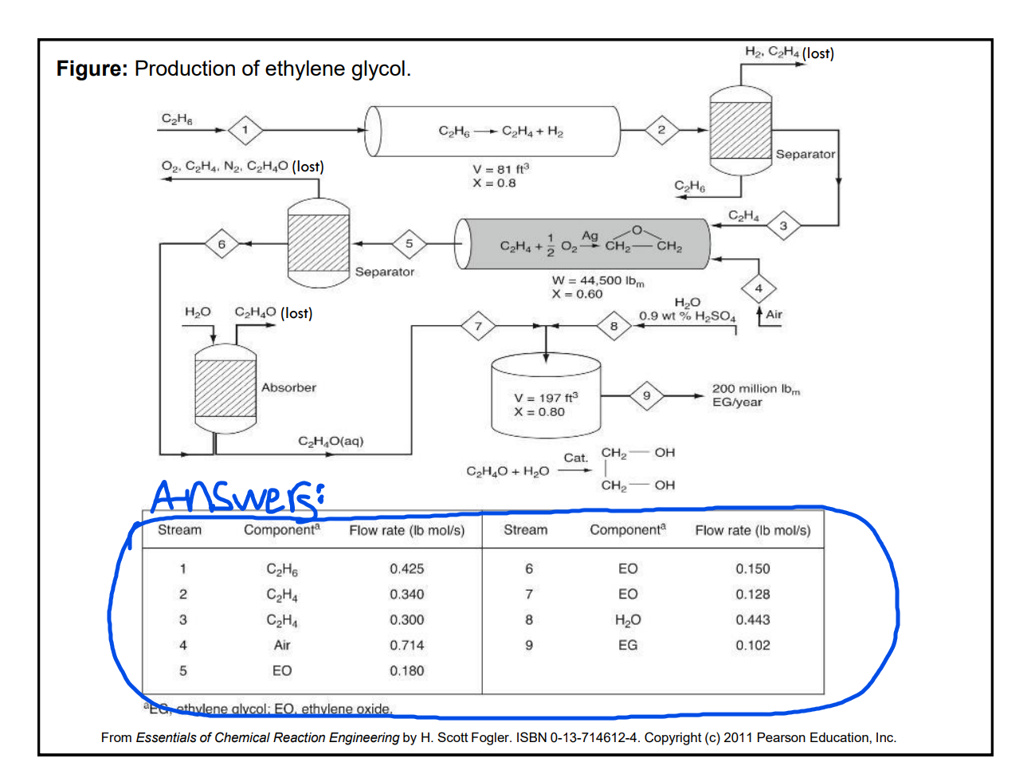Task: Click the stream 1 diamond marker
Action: [x=245, y=130]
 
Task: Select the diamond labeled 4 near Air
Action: [x=759, y=289]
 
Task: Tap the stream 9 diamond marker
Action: [x=646, y=395]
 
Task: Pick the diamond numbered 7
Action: [x=478, y=326]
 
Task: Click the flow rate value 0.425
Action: [x=406, y=569]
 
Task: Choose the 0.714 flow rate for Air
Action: [x=406, y=646]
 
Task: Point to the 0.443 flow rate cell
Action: [x=752, y=620]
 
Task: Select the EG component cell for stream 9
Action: [x=628, y=646]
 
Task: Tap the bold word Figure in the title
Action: [x=92, y=69]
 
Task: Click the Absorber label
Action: [x=288, y=387]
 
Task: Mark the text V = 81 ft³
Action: [x=500, y=169]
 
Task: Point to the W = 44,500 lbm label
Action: [x=598, y=281]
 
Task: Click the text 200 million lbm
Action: [x=755, y=389]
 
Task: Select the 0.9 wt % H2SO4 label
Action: [x=687, y=316]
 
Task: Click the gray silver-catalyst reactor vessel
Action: [x=582, y=244]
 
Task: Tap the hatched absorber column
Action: [x=225, y=387]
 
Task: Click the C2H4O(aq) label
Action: [x=331, y=442]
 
